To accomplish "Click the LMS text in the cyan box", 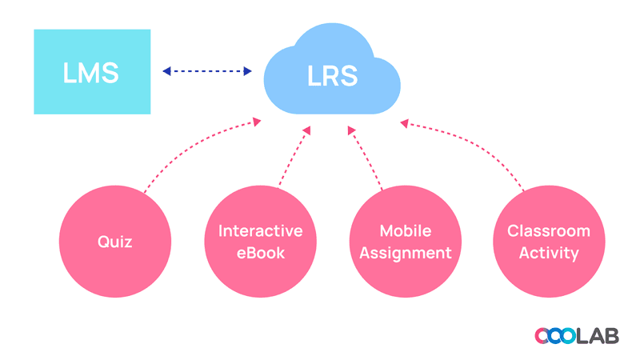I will pos(91,72).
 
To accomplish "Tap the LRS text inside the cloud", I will pos(333,76).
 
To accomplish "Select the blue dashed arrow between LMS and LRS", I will pos(207,71).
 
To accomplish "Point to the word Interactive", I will pos(261,231).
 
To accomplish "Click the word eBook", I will pos(261,253).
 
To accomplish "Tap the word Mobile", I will pos(406,231).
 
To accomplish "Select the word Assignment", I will pos(406,253).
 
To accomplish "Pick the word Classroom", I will pos(549,231).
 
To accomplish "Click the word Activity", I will pos(549,253).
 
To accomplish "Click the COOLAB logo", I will pos(576,335).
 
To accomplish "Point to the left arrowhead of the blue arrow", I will pos(167,71).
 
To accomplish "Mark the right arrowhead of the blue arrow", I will pos(248,71).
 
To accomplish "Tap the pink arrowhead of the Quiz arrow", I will pos(257,122).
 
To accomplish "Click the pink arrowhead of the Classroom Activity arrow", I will pos(404,124).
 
